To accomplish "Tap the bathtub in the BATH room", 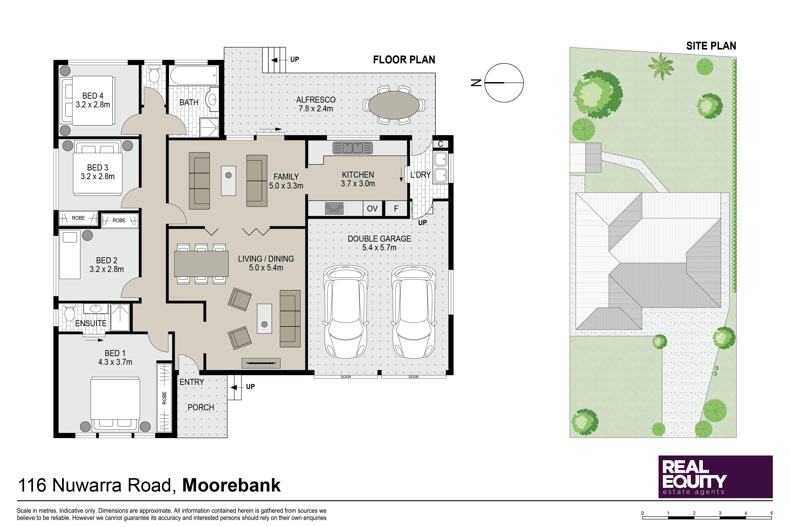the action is pos(194,75).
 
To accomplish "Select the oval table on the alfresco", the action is pos(394,105).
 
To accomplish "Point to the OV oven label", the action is pos(372,209).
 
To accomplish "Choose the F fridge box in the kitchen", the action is pos(396,209).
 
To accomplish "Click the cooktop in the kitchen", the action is pos(334,209).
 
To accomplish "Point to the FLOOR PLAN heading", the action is pos(404,60).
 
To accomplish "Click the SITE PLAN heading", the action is pos(711,46).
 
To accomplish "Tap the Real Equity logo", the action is pos(716,477).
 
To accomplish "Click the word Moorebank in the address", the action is pos(231,485).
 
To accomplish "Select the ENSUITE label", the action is pos(91,323).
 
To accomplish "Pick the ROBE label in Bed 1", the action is pos(164,398).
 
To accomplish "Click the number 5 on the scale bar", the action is pos(771,513).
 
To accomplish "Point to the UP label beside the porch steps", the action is pos(250,387).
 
